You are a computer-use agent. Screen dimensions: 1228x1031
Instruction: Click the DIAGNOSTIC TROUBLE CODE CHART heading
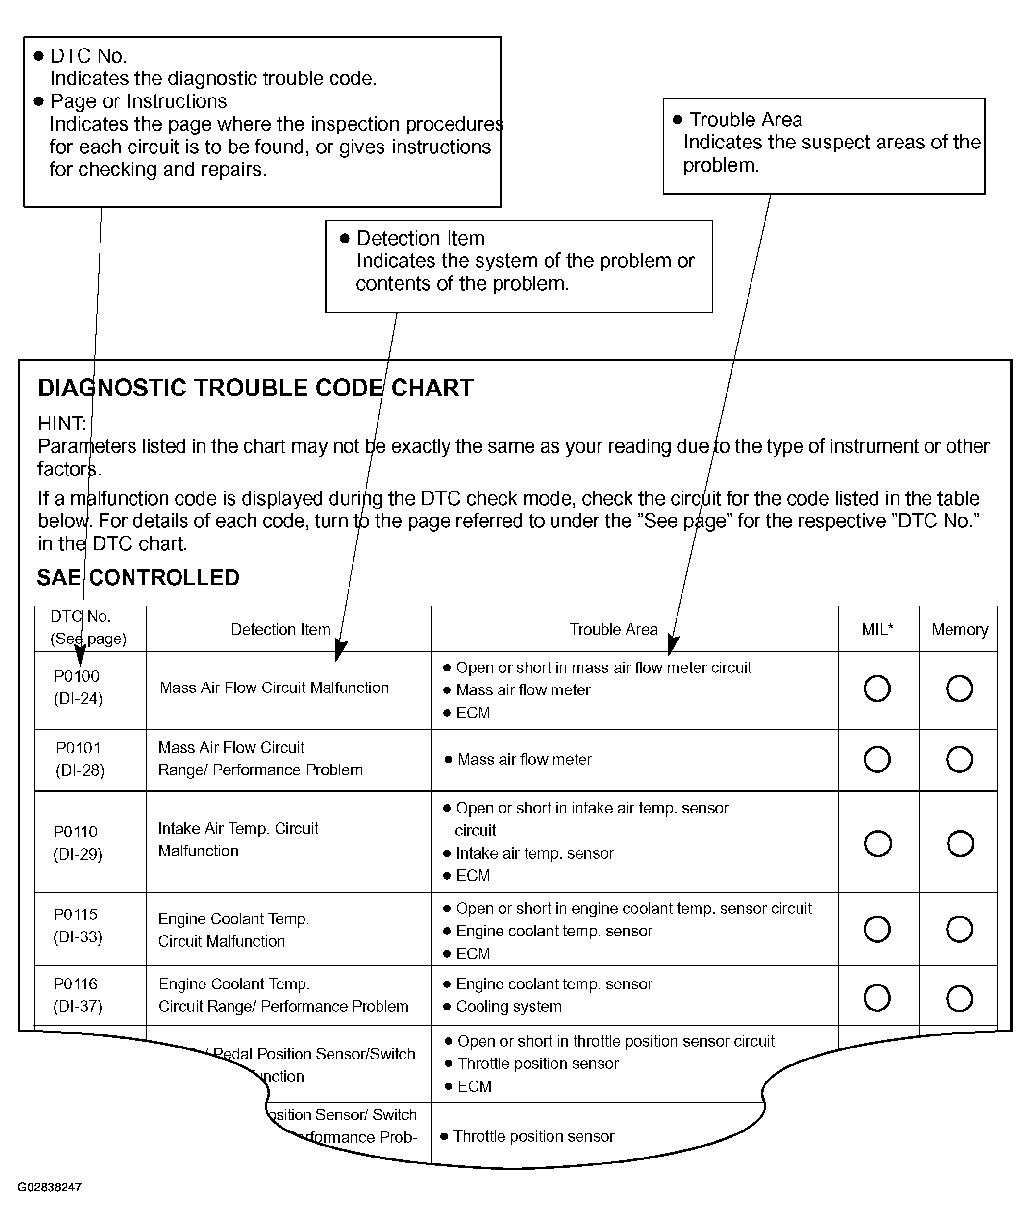click(x=255, y=388)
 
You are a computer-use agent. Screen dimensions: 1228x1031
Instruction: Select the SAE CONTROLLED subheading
click(x=138, y=578)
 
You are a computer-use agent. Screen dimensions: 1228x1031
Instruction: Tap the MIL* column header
click(x=877, y=630)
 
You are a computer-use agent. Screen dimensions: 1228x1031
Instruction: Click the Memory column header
click(x=960, y=630)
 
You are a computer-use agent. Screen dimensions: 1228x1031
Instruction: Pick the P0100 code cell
click(x=77, y=676)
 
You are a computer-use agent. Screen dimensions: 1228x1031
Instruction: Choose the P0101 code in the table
click(x=79, y=748)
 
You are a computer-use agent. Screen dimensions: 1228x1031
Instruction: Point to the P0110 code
click(x=76, y=832)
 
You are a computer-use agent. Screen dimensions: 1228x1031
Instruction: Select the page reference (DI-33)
click(x=78, y=937)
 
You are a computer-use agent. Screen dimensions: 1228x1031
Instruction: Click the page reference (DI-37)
click(x=78, y=1006)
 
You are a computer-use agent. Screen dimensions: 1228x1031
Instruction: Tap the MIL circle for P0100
click(x=877, y=688)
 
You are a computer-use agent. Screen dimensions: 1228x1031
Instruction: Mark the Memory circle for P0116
click(x=960, y=998)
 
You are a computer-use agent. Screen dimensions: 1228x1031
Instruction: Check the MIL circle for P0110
click(x=878, y=844)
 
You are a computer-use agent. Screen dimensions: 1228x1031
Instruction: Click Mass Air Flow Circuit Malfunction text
click(x=274, y=688)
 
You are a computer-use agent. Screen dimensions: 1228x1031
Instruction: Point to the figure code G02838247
click(x=50, y=1187)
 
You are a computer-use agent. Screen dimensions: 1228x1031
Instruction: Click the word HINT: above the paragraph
click(x=62, y=424)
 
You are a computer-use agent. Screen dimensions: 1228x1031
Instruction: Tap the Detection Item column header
click(x=280, y=630)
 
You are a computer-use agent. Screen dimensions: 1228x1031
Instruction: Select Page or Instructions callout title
click(x=139, y=101)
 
